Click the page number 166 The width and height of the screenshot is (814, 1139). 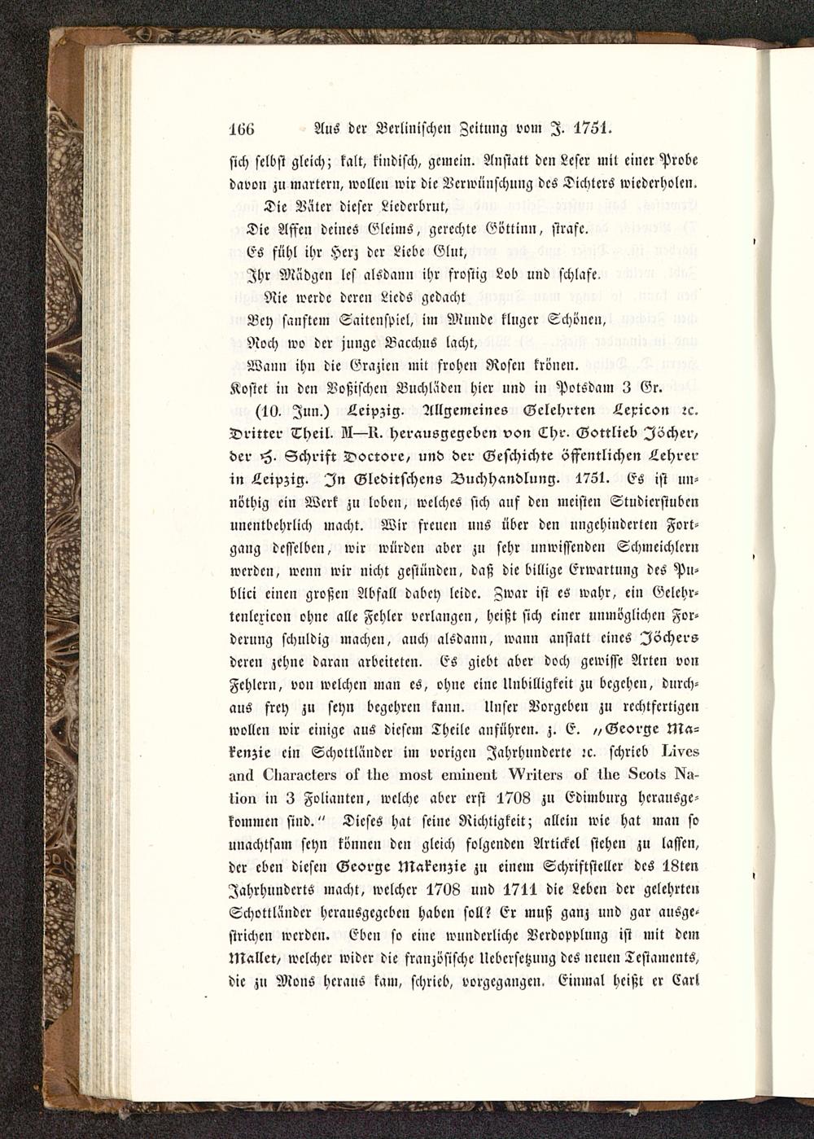click(240, 129)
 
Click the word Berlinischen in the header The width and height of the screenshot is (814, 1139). click(412, 129)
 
